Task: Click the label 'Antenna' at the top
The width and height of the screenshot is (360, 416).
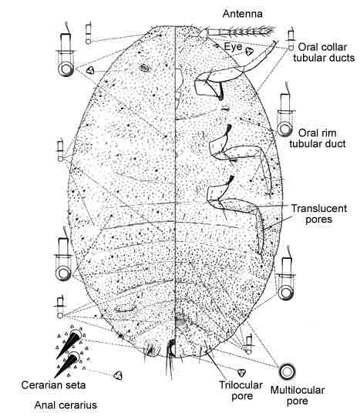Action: pyautogui.click(x=242, y=14)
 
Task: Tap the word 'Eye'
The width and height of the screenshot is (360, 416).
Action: pyautogui.click(x=233, y=47)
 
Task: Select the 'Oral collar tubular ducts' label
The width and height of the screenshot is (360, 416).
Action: pyautogui.click(x=324, y=52)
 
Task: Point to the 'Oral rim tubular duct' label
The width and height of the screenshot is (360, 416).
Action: pyautogui.click(x=318, y=138)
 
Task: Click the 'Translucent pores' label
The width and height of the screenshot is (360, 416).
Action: pyautogui.click(x=319, y=214)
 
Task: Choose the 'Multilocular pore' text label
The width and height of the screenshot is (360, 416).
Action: pyautogui.click(x=298, y=395)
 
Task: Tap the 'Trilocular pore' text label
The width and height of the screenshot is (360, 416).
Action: pyautogui.click(x=241, y=391)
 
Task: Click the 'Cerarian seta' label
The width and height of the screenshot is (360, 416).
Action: pyautogui.click(x=53, y=385)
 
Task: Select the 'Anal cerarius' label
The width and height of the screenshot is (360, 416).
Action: pyautogui.click(x=66, y=405)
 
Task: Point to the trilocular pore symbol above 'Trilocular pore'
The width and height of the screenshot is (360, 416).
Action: pyautogui.click(x=241, y=373)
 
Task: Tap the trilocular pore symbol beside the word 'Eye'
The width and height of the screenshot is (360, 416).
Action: pyautogui.click(x=249, y=51)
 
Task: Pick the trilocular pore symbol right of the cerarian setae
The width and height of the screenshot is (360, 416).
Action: pyautogui.click(x=118, y=375)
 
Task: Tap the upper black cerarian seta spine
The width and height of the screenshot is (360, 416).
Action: pyautogui.click(x=69, y=344)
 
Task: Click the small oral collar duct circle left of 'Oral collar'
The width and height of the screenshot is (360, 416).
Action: pyautogui.click(x=291, y=48)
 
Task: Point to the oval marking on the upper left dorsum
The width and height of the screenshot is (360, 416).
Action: pyautogui.click(x=145, y=69)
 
